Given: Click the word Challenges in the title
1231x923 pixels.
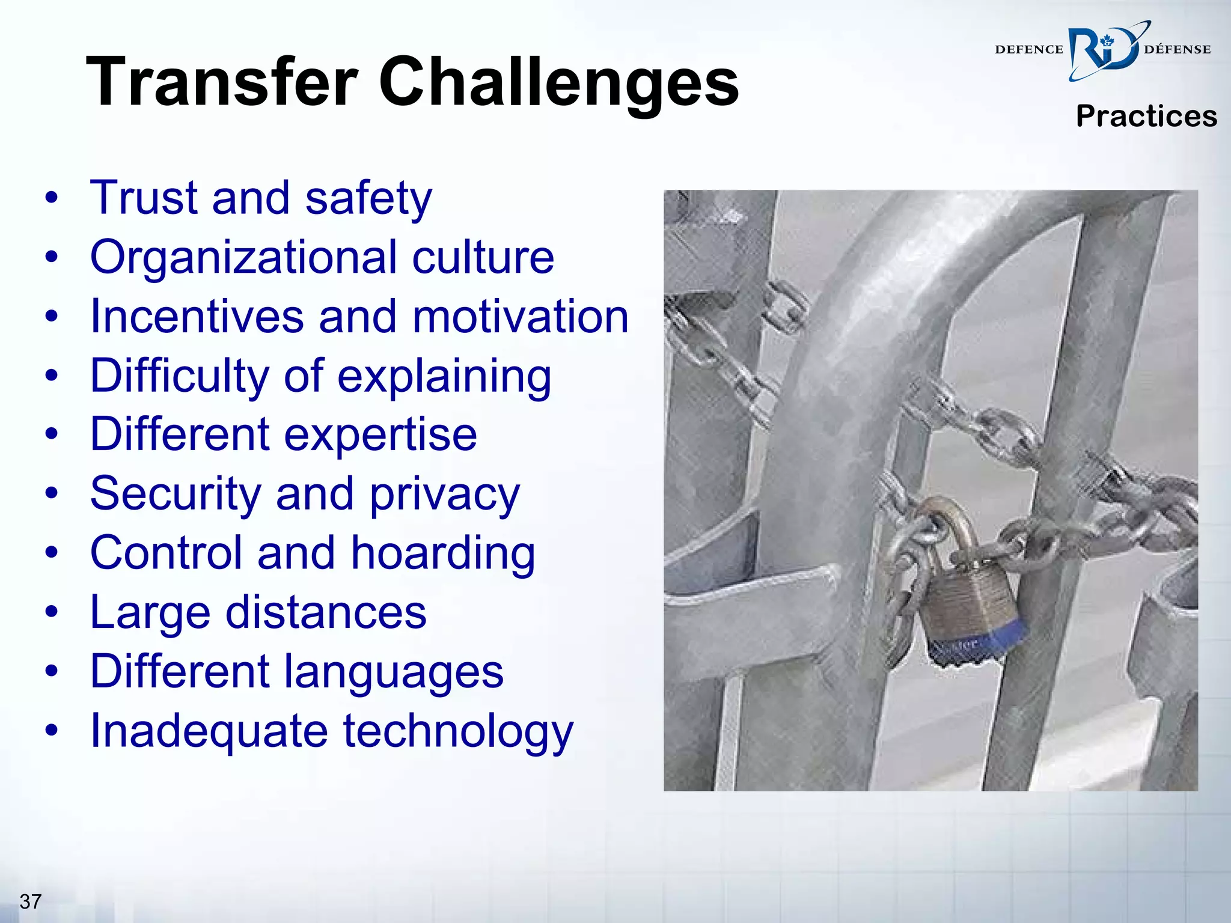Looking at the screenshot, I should (x=558, y=83).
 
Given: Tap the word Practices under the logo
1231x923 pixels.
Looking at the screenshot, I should (x=1146, y=116).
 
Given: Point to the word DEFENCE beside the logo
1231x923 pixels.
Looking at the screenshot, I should (x=1029, y=50).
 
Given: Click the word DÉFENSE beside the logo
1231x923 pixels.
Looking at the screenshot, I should (x=1177, y=50).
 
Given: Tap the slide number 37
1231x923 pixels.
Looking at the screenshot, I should (x=31, y=901).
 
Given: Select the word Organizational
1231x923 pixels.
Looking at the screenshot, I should (x=243, y=257).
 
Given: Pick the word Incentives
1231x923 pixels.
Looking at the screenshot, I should (x=197, y=316).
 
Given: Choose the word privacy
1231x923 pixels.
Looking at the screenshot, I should (x=444, y=495).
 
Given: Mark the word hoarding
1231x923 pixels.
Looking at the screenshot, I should (x=443, y=553).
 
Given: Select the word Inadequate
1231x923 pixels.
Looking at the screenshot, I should (x=209, y=731).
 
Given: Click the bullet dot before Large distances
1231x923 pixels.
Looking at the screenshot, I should (x=52, y=612).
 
